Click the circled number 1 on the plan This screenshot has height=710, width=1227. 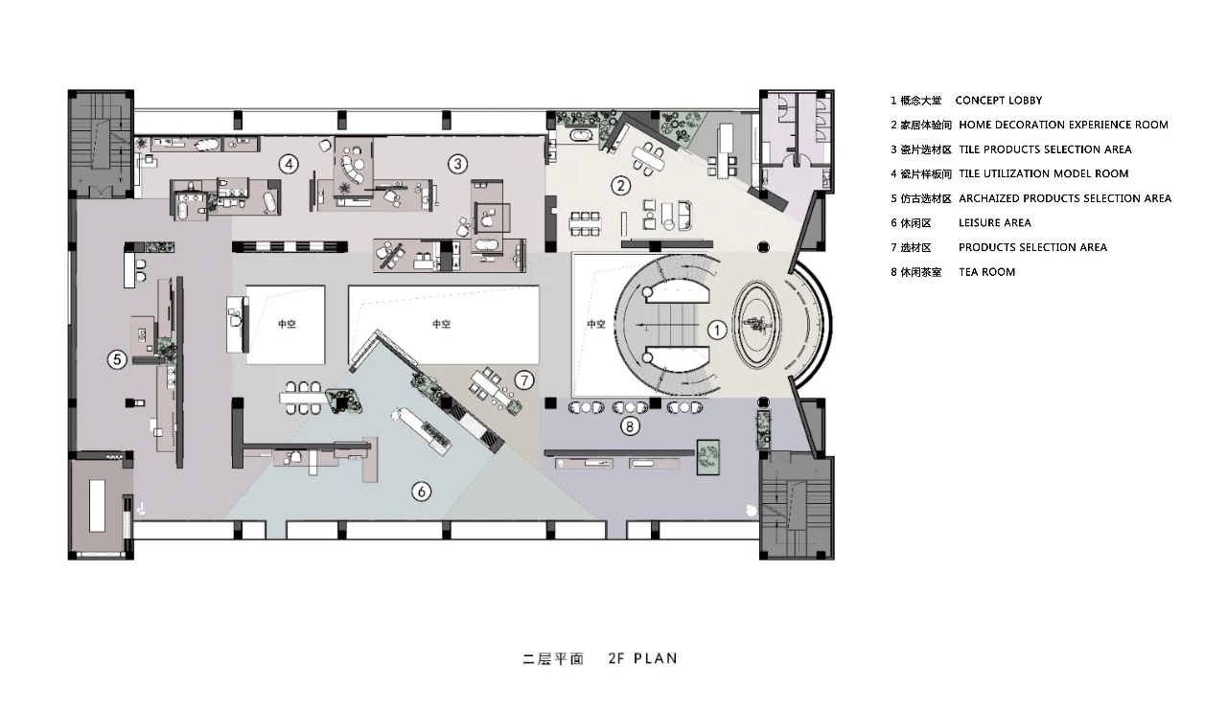(717, 330)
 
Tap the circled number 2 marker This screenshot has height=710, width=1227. (620, 186)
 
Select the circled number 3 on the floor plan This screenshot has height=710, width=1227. (457, 164)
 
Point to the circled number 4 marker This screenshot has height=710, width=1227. (289, 164)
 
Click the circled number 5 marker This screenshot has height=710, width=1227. (117, 359)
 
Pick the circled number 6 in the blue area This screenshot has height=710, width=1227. (421, 492)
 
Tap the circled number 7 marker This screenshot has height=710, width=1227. (524, 379)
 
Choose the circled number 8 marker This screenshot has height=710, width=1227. (630, 425)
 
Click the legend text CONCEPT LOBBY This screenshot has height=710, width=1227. (999, 101)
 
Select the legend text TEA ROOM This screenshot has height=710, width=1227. (986, 272)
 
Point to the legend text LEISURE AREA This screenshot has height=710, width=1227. (995, 223)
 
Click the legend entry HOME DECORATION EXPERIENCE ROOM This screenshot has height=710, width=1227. (1063, 125)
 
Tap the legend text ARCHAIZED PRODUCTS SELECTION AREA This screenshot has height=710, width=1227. (1065, 198)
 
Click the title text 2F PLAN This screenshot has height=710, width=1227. (642, 658)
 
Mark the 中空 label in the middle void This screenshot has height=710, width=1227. (441, 324)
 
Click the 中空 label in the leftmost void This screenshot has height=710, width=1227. (287, 324)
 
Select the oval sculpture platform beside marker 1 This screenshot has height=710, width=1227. (757, 325)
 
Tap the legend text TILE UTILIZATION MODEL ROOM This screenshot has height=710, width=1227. (1044, 174)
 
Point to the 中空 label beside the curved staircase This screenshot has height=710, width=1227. (596, 324)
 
